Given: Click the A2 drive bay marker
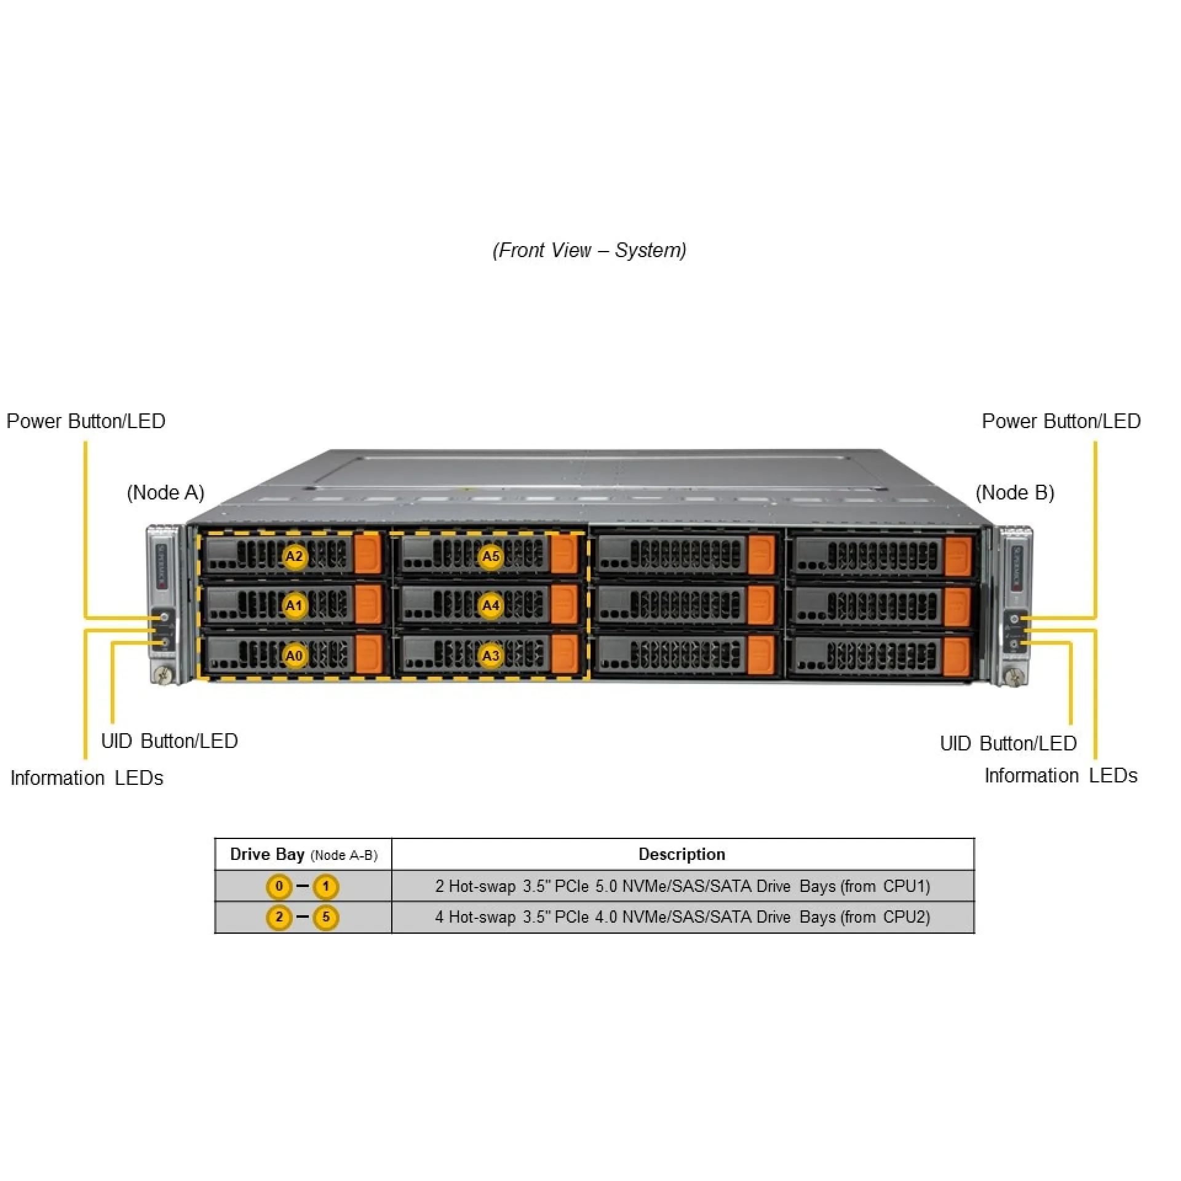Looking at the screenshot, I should [x=295, y=557].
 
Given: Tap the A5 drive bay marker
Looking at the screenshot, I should [x=490, y=557].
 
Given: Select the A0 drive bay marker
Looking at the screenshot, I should [x=295, y=656].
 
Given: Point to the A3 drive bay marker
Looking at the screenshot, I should [x=490, y=656].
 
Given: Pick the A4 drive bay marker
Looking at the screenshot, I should [x=490, y=606].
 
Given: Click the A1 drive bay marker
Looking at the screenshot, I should [x=295, y=606].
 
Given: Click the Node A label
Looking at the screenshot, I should [x=165, y=493].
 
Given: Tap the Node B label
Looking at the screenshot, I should [x=1015, y=493].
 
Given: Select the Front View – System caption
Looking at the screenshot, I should [x=589, y=250].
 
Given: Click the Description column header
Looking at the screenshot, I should [x=682, y=854].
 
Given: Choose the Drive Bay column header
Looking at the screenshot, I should [x=303, y=854].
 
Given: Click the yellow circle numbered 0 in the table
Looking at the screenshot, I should [x=279, y=886].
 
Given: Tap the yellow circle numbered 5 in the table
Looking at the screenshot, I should [x=326, y=918].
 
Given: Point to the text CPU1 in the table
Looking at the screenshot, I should [x=906, y=886].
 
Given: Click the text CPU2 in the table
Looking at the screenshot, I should [x=906, y=917].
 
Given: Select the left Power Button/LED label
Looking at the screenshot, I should [x=86, y=421].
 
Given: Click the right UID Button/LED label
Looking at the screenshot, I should [x=1008, y=744].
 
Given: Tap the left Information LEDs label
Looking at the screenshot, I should [x=87, y=778].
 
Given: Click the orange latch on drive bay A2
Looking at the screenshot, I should [x=368, y=554].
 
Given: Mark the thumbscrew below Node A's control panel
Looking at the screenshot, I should [x=164, y=675].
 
